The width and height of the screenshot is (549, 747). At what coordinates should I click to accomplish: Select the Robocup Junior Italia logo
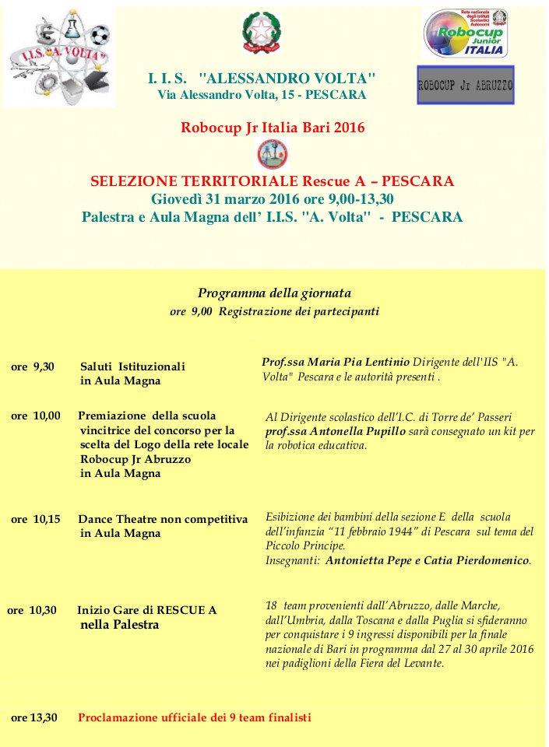click(x=466, y=33)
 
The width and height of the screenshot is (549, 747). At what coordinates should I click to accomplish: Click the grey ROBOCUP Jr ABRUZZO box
click(x=466, y=85)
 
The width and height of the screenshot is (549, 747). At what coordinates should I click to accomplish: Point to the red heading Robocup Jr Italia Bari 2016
click(x=273, y=127)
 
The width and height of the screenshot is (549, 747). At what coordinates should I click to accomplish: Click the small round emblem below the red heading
click(x=273, y=154)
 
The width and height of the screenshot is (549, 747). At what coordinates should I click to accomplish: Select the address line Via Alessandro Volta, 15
click(x=262, y=95)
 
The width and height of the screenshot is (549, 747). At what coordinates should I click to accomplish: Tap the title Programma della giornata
click(x=274, y=293)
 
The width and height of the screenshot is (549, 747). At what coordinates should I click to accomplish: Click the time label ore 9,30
click(x=33, y=366)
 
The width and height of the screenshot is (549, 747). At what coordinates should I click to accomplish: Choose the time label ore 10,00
click(x=35, y=416)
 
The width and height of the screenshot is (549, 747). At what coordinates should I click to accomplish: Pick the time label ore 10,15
click(x=35, y=519)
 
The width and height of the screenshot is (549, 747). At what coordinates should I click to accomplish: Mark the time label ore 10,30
click(x=32, y=610)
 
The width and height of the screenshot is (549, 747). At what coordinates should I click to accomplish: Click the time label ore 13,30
click(x=34, y=717)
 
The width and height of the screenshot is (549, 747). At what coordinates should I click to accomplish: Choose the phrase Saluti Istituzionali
click(x=132, y=366)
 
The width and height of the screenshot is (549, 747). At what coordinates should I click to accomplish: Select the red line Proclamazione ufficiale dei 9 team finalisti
click(x=195, y=717)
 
